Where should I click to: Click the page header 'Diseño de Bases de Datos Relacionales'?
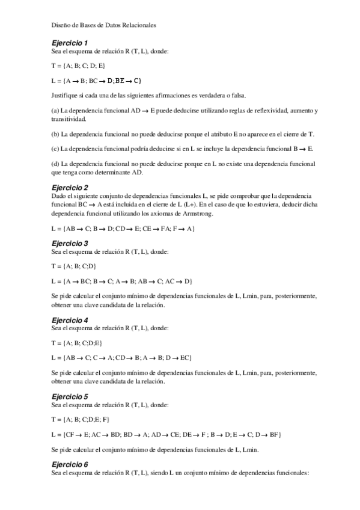[x=104, y=25]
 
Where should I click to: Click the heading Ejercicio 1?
[x=70, y=43]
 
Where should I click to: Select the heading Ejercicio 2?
[x=70, y=187]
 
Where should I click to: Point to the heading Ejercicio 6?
[x=70, y=464]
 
